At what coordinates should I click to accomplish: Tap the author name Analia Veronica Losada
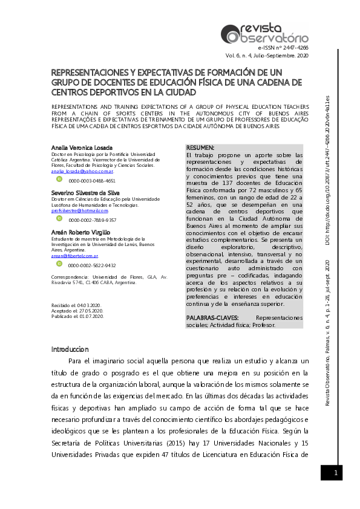(82, 148)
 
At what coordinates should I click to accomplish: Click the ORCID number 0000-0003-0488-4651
(92, 180)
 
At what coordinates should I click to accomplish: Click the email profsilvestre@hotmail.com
(80, 210)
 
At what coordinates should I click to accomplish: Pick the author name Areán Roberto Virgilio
(80, 232)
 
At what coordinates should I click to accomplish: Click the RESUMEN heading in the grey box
(200, 148)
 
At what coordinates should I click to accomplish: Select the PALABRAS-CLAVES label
(212, 317)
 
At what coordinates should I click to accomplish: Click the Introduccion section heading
(70, 349)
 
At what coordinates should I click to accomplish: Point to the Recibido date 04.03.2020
(91, 305)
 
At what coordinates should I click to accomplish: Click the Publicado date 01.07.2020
(92, 316)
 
